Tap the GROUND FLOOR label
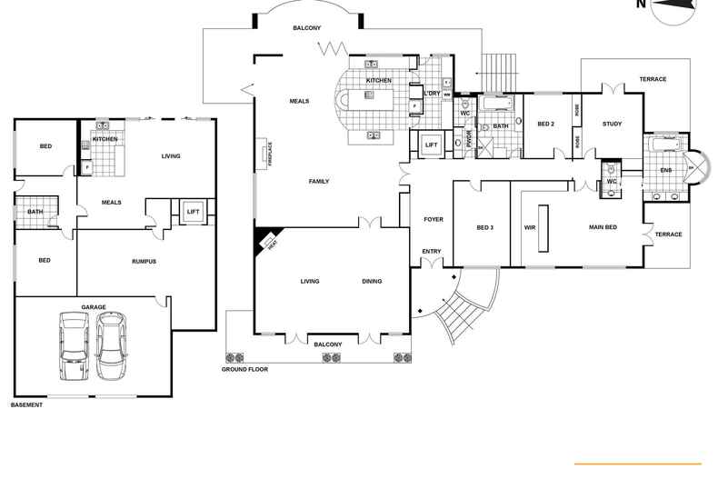(244, 370)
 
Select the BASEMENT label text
(26, 404)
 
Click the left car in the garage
(72, 346)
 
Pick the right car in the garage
(112, 346)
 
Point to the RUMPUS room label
(144, 262)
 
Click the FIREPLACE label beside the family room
(270, 154)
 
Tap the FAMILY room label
(318, 182)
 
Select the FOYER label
(433, 219)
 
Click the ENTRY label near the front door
(431, 252)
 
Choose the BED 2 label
(545, 125)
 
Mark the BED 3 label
(485, 227)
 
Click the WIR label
(529, 227)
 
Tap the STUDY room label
(612, 124)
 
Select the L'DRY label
(432, 93)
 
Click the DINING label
(372, 282)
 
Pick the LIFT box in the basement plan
(193, 212)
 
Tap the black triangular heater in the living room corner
(269, 241)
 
